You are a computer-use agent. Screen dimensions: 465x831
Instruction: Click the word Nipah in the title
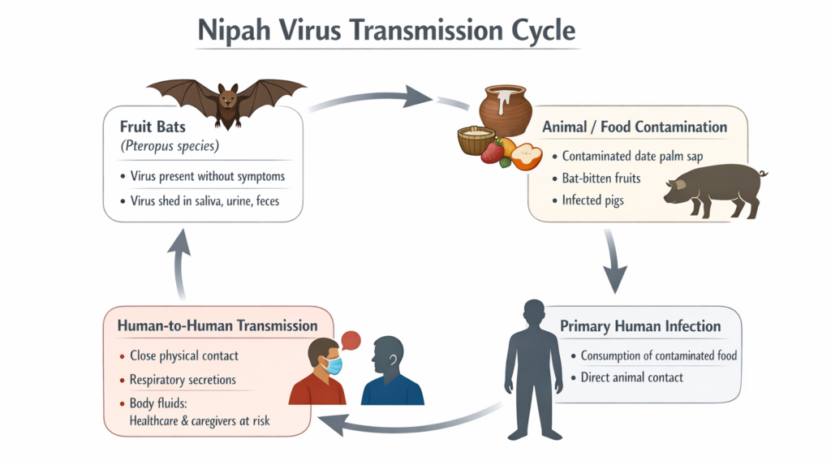[x=233, y=32]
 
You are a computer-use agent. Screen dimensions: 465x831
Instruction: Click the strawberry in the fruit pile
[x=492, y=152]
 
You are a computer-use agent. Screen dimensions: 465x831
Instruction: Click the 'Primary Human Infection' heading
[x=640, y=326]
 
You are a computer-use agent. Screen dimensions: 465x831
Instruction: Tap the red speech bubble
[x=351, y=341]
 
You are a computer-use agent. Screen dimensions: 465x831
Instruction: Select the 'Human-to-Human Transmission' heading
[x=217, y=325]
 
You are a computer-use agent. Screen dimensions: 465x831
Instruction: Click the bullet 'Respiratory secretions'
[x=183, y=379]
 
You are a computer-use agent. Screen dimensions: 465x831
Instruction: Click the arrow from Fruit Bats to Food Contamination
[x=373, y=96]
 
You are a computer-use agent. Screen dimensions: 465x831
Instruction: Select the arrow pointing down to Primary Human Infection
[x=614, y=259]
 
